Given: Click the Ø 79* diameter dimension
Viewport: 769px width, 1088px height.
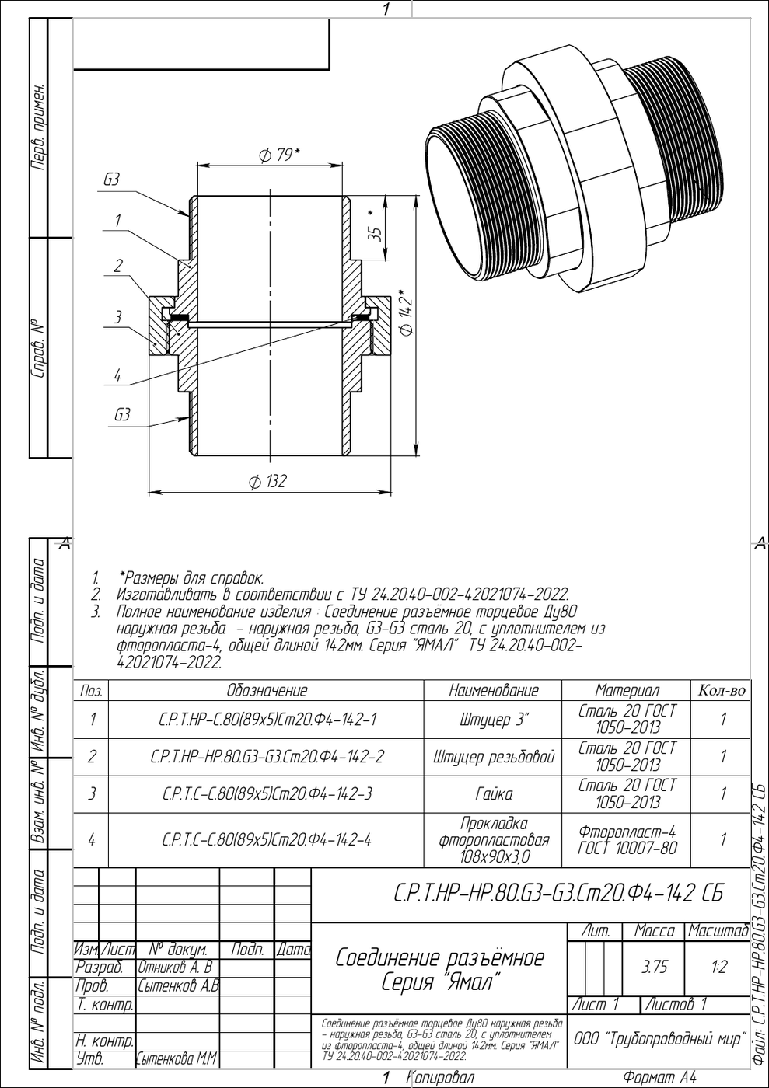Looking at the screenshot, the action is pos(279,155).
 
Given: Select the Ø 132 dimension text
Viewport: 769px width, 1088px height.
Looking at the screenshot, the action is pos(267,482).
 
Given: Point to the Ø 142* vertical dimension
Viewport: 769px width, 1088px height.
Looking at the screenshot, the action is pos(405,312).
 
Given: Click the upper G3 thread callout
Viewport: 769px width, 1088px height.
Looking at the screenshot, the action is pos(111,180).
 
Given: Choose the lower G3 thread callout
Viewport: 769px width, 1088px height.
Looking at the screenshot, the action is pos(122,415).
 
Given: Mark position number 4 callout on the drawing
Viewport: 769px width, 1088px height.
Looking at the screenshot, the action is pos(117,375).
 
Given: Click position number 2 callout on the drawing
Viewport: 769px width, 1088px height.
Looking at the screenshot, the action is pos(118,266).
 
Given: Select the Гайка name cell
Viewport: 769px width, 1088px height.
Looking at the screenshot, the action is pos(494,793).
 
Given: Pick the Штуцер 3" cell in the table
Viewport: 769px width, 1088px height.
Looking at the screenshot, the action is pos(494,720).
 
